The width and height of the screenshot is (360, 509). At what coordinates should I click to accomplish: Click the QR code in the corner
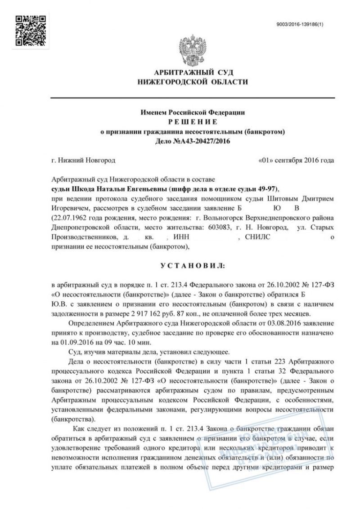pos(30,30)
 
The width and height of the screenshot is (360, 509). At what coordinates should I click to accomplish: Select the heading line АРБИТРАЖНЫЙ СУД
pos(194,73)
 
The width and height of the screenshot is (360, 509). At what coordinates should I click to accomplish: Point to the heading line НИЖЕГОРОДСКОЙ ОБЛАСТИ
pos(194,82)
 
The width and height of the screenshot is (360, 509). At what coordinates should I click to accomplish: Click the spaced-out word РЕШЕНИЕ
pos(194,122)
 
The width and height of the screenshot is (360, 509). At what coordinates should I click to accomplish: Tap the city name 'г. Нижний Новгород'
pos(84,161)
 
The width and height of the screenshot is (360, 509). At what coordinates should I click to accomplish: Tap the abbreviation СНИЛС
pos(258,237)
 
